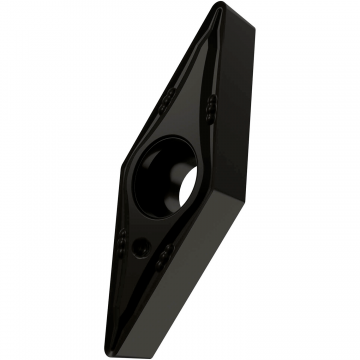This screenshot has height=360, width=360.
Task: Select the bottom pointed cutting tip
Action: [x=121, y=345]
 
